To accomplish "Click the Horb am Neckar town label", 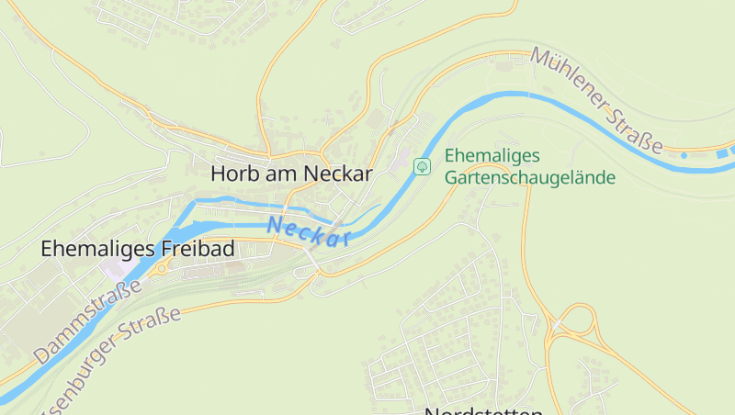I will click(290, 173).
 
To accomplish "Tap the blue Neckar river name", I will click(311, 232).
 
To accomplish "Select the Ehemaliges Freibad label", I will click(138, 249).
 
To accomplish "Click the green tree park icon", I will click(423, 166).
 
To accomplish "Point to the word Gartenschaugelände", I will click(529, 178).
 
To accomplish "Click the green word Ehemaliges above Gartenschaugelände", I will click(492, 156).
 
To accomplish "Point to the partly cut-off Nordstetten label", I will click(483, 410).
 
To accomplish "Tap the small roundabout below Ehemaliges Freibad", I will click(163, 269).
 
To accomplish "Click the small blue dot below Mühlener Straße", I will click(684, 156).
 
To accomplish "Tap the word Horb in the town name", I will click(232, 173).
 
